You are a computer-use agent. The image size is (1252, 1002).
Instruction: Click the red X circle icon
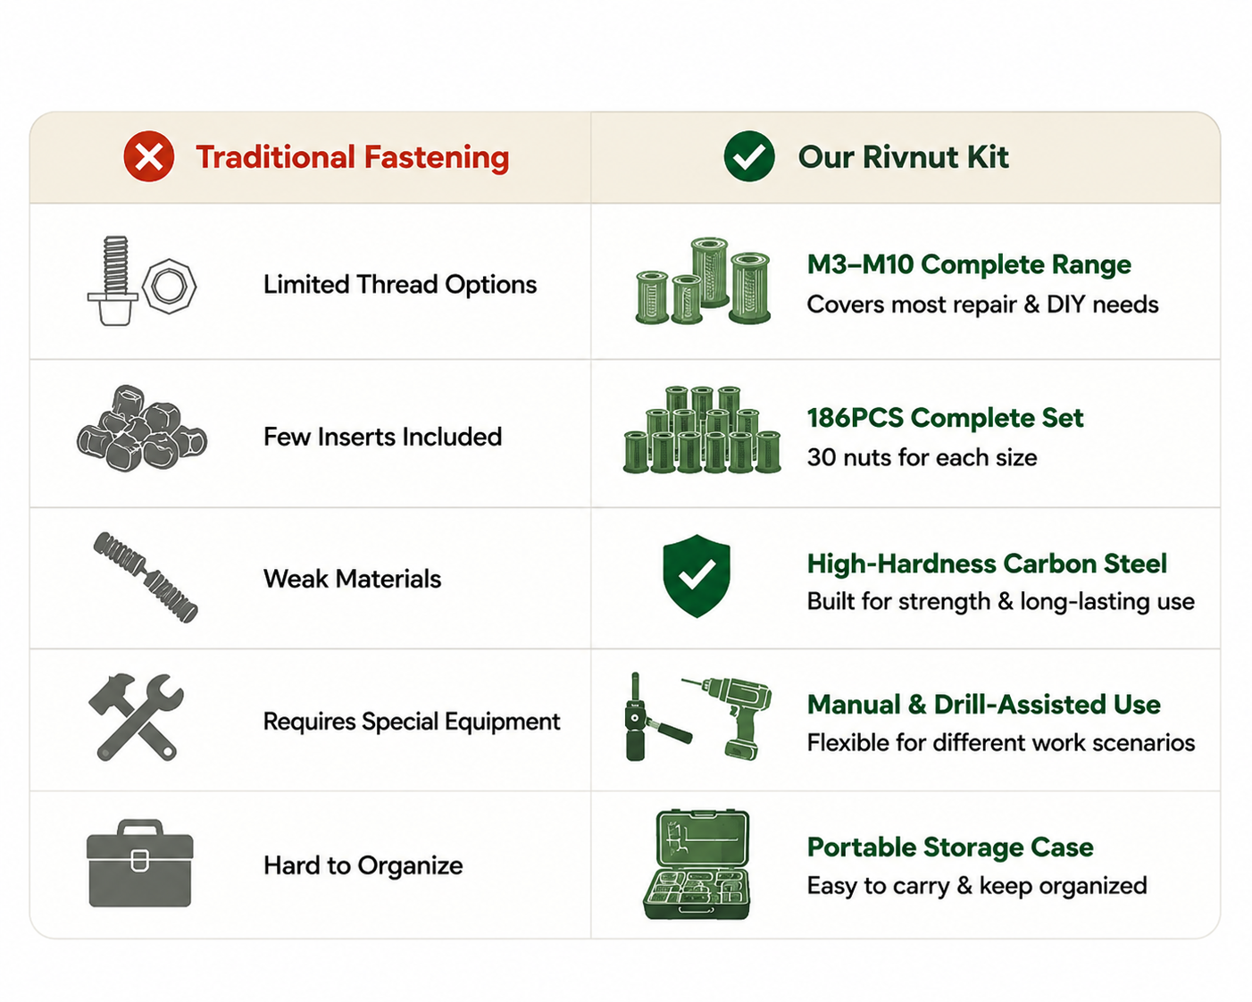tap(149, 156)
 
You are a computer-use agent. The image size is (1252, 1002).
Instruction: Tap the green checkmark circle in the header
tap(748, 156)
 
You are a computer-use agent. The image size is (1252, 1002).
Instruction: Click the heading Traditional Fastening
tap(353, 157)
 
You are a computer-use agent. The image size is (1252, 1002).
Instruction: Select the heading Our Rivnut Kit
tap(903, 157)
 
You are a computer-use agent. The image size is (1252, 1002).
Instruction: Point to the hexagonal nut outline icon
tap(170, 287)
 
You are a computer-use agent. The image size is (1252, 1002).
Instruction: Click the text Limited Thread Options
tap(400, 285)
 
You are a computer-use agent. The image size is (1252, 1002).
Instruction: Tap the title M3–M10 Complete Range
tap(969, 264)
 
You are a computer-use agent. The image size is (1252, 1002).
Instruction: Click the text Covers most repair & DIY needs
tap(982, 305)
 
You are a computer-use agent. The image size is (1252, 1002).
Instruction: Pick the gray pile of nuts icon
tap(142, 429)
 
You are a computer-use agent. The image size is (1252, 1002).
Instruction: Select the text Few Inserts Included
tap(382, 437)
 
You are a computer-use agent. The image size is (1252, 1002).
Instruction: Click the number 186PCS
tap(856, 418)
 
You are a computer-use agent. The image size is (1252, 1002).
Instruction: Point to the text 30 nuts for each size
tap(922, 457)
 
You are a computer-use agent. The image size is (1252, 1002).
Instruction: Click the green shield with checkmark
tap(697, 575)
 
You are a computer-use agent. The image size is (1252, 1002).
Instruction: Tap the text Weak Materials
tap(352, 579)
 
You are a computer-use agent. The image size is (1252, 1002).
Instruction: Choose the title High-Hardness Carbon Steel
tap(987, 564)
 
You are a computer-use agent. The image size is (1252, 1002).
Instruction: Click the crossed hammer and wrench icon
tap(136, 717)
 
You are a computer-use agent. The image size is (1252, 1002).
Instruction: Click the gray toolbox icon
tap(139, 864)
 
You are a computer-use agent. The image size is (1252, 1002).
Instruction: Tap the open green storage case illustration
tap(697, 864)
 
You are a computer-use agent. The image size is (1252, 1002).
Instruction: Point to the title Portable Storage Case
tap(950, 848)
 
